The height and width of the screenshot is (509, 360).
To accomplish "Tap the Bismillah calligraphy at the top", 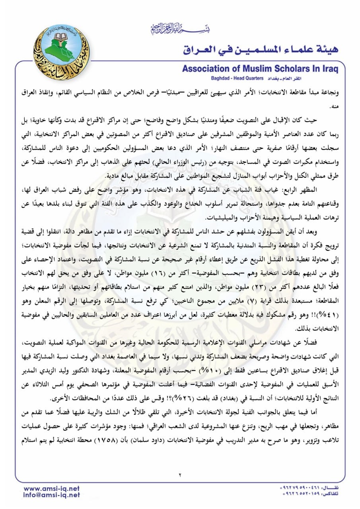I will pos(173,29).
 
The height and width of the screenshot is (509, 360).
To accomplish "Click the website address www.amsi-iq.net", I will pos(52,488).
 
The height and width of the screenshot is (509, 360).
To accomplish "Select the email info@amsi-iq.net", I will pos(52,495).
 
